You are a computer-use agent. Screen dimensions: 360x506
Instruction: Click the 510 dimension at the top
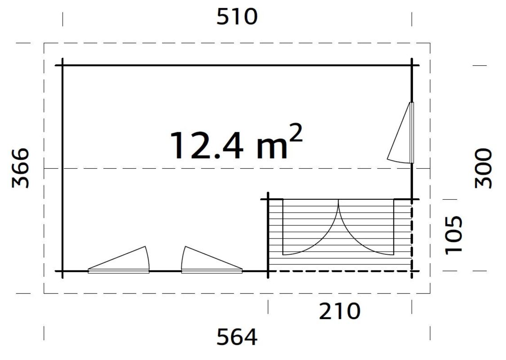[237, 17]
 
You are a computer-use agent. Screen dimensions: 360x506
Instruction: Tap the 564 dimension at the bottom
[237, 337]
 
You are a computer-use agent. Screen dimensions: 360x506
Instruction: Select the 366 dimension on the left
[21, 167]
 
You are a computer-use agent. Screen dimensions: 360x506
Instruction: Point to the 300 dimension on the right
[484, 168]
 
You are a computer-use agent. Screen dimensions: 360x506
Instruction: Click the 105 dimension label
[453, 234]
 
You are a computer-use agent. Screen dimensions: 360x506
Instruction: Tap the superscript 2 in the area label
[295, 134]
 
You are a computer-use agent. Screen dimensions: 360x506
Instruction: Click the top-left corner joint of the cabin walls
[63, 66]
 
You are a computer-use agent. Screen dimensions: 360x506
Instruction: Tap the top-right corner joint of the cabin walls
[412, 66]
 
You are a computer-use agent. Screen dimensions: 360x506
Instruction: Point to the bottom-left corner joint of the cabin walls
[63, 271]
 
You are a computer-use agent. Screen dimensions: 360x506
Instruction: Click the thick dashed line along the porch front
[340, 271]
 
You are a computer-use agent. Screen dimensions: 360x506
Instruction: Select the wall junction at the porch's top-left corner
[269, 199]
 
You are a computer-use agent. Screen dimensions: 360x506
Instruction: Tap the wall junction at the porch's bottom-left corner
[269, 271]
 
